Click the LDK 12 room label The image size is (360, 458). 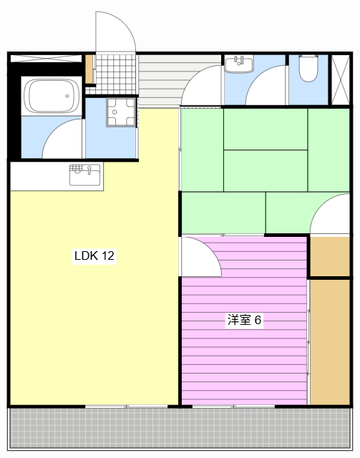[x=94, y=255]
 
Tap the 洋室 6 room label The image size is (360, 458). [x=244, y=320]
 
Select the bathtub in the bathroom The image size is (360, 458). [x=51, y=96]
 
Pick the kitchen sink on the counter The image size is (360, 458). [x=85, y=173]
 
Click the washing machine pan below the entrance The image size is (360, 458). [x=120, y=112]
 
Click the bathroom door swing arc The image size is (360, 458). [x=63, y=140]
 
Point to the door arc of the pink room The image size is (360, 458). [x=200, y=258]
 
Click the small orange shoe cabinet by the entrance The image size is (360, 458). [x=89, y=69]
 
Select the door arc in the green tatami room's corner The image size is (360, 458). [x=331, y=216]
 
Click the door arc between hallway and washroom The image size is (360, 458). [x=202, y=87]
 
